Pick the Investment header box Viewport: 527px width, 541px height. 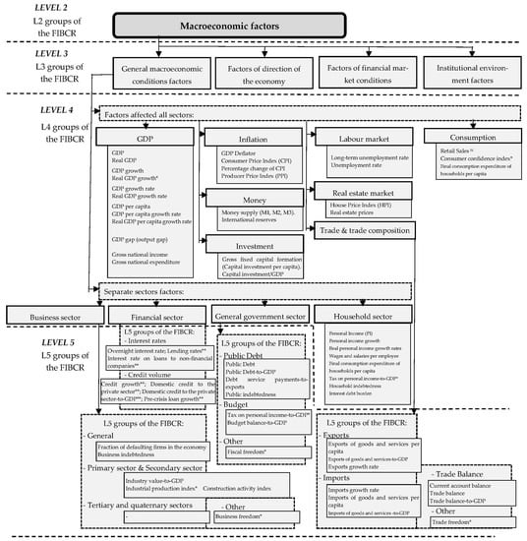[253, 241]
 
